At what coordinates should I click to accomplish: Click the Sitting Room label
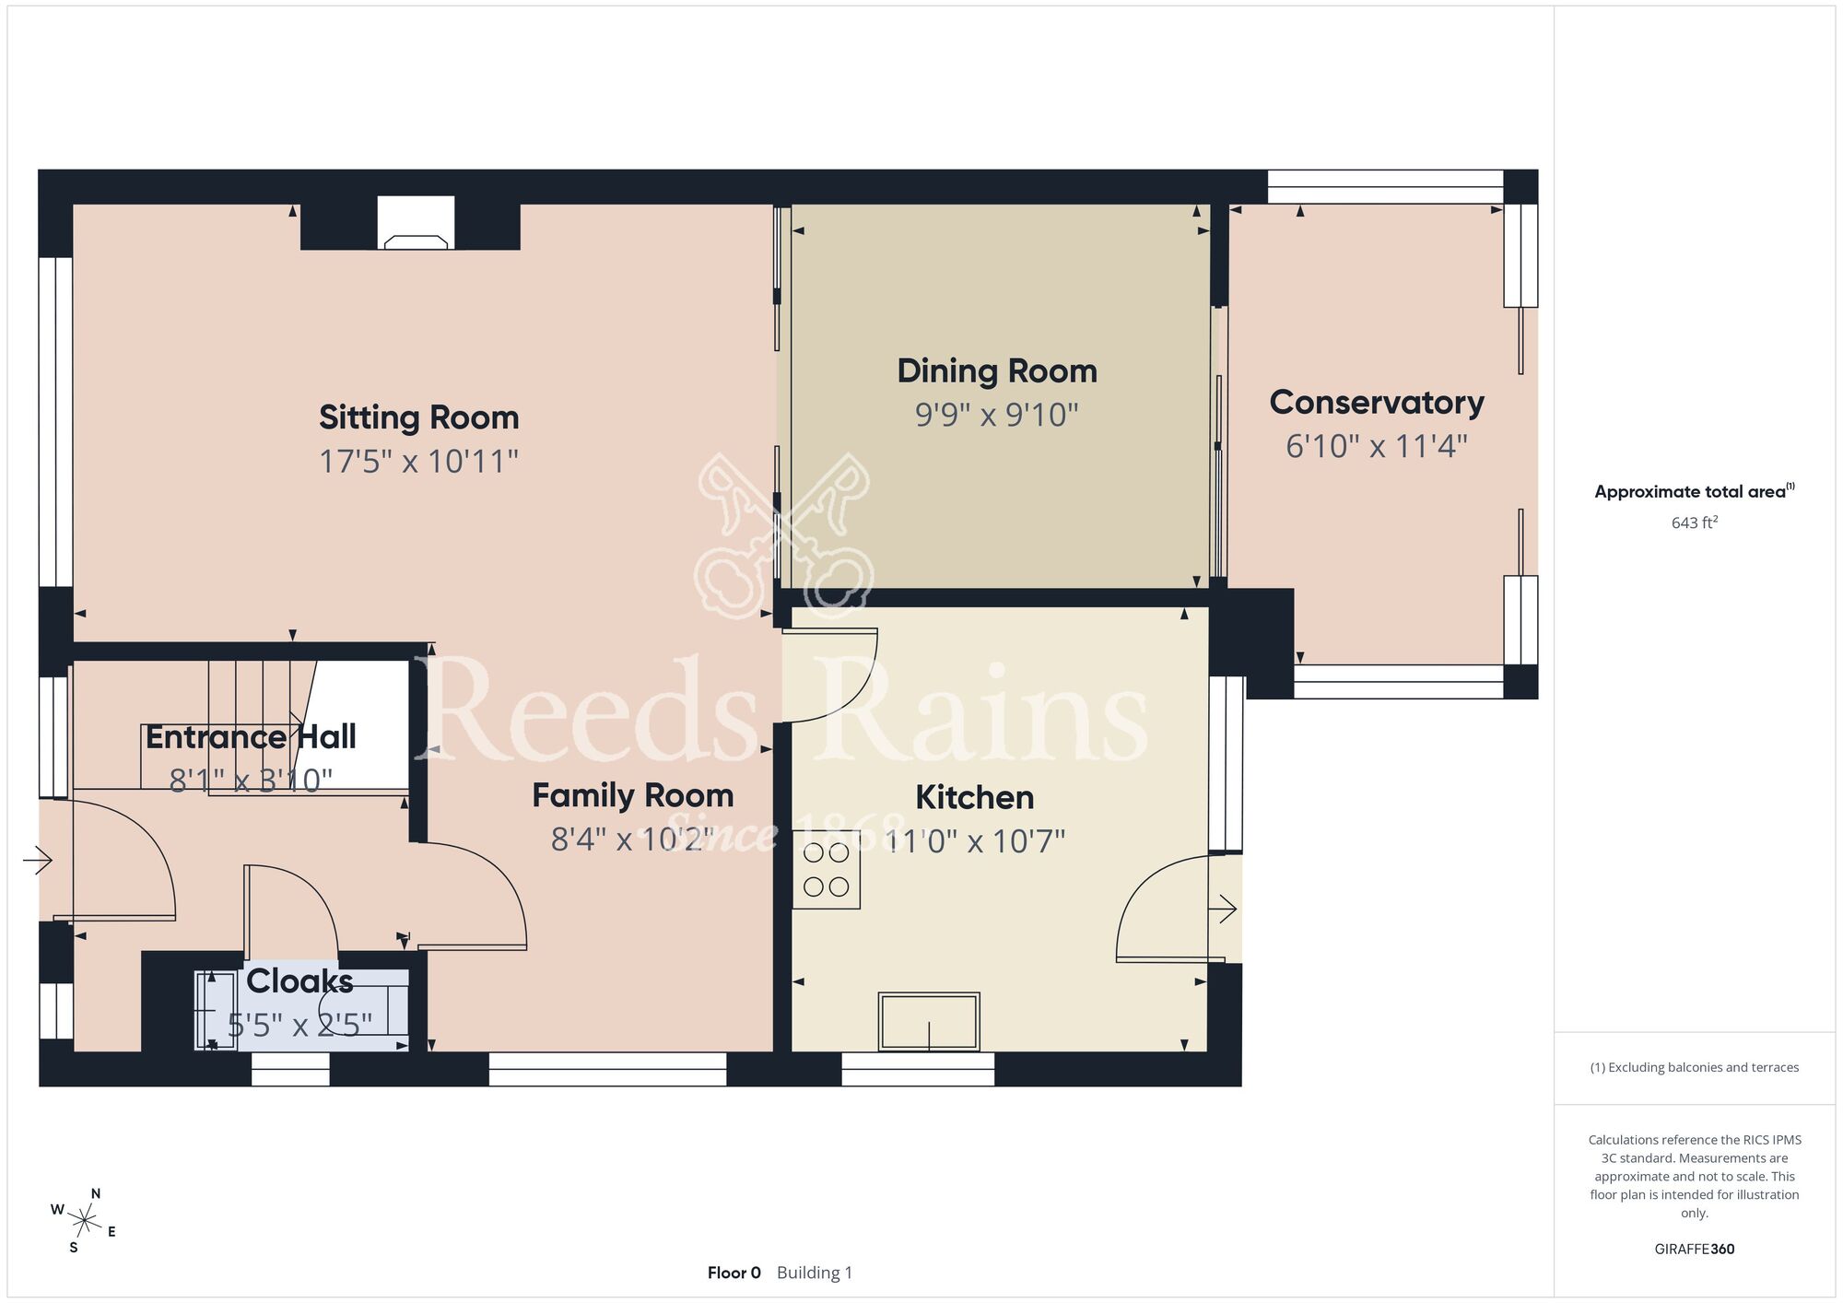click(419, 417)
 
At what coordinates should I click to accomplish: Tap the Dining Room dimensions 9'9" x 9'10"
click(997, 415)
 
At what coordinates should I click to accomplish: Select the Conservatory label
click(1377, 403)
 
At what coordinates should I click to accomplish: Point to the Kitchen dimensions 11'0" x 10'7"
click(975, 841)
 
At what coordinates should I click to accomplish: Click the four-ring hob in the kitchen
click(827, 870)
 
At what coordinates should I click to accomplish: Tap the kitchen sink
click(929, 1021)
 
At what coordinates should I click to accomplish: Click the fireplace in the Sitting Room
click(417, 223)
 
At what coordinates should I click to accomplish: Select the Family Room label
click(633, 795)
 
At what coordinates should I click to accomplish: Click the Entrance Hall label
click(251, 737)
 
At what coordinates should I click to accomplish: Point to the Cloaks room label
click(299, 981)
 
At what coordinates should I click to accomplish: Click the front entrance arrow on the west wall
click(38, 861)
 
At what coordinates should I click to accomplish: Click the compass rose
click(84, 1222)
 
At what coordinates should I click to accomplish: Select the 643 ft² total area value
click(1695, 522)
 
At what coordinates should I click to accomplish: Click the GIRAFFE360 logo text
click(1695, 1250)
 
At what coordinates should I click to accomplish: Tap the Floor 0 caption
click(734, 1273)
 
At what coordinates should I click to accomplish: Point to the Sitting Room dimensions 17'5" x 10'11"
click(419, 461)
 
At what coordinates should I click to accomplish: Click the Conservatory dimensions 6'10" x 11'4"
click(1377, 447)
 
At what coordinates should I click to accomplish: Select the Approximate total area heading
click(1695, 491)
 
